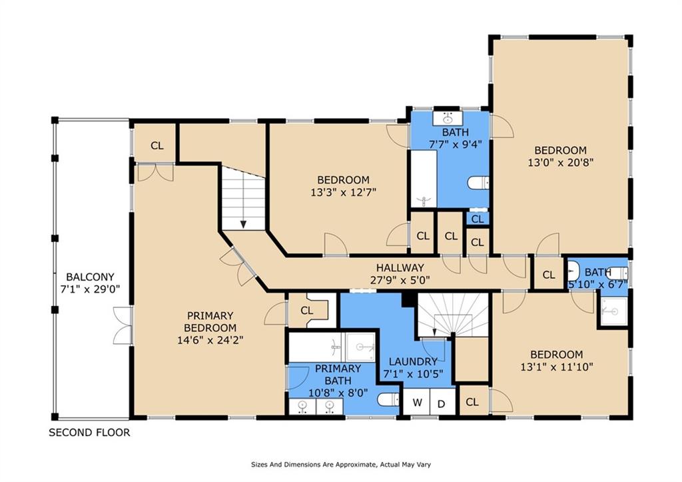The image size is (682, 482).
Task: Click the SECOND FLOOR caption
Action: coord(89,433)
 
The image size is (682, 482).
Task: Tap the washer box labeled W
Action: coord(417,402)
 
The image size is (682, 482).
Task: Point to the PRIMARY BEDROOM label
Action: coord(210,321)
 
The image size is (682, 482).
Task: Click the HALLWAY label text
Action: coord(400,268)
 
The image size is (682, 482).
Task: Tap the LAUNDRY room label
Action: coord(413,361)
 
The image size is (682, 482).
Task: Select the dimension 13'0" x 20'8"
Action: coord(561,163)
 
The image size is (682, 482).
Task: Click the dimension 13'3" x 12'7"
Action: coord(343,192)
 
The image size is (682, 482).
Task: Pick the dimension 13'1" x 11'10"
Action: coord(557,367)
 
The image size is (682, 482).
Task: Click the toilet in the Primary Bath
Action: coord(388,399)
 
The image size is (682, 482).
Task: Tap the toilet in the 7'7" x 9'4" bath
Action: coord(478,183)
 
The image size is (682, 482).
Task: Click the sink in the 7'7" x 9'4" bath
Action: coord(448,118)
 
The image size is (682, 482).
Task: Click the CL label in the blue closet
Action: coord(478,219)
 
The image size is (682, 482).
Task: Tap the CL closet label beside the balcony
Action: coord(157,145)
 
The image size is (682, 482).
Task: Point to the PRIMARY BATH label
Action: coord(338,375)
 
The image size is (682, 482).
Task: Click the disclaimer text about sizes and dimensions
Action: coord(340,465)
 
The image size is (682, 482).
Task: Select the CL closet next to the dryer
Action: coord(472,402)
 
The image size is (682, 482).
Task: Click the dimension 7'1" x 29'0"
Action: coord(90,289)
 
